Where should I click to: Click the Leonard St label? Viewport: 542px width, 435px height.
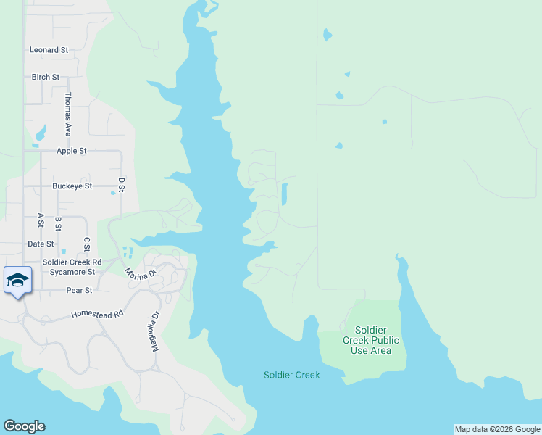click(x=49, y=50)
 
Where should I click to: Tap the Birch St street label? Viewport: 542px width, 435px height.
click(x=46, y=77)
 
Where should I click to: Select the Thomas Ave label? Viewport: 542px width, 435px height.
click(x=68, y=114)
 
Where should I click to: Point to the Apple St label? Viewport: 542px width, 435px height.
click(x=72, y=151)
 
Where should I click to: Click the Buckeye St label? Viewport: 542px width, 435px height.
click(x=72, y=186)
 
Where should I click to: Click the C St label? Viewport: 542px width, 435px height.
click(x=87, y=244)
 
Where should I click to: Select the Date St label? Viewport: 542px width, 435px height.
click(x=41, y=244)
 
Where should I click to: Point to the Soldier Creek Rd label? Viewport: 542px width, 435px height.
click(x=72, y=262)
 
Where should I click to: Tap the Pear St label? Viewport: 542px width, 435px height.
click(x=79, y=290)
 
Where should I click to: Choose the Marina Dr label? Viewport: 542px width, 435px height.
click(x=141, y=274)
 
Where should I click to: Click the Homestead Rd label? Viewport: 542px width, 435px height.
click(x=98, y=315)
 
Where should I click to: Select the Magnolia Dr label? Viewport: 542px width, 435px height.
click(x=154, y=331)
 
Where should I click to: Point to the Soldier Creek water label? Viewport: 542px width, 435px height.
click(x=291, y=375)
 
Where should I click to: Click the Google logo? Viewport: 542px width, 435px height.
click(x=24, y=426)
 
